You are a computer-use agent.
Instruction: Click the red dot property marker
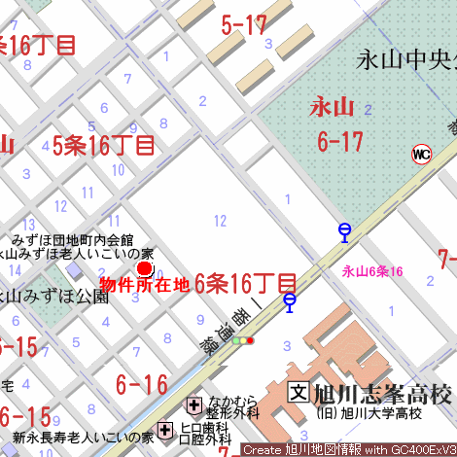tap(145, 268)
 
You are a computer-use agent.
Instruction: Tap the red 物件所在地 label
tap(145, 285)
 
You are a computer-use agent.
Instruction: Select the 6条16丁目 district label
tap(245, 284)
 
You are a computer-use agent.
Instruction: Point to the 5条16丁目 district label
tap(104, 146)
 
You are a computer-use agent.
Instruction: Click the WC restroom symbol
tap(421, 154)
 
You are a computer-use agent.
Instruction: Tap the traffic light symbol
tap(243, 340)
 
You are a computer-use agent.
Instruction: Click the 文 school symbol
tap(298, 394)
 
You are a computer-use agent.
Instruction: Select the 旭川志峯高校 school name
tap(382, 395)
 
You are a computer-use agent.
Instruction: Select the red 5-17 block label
tap(244, 25)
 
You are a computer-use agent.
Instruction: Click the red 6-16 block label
tap(142, 384)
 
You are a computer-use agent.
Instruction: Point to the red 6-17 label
tap(339, 142)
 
